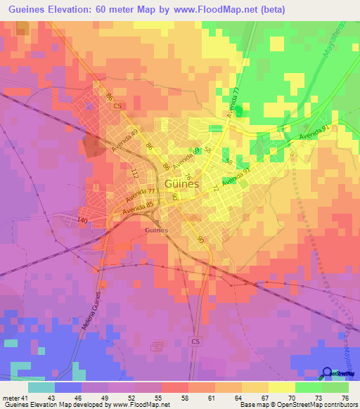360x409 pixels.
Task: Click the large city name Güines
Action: coord(181,184)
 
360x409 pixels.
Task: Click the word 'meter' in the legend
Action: coord(11,398)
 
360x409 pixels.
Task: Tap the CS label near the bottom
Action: coord(195,340)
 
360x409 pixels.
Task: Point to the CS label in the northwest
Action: coord(117,106)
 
